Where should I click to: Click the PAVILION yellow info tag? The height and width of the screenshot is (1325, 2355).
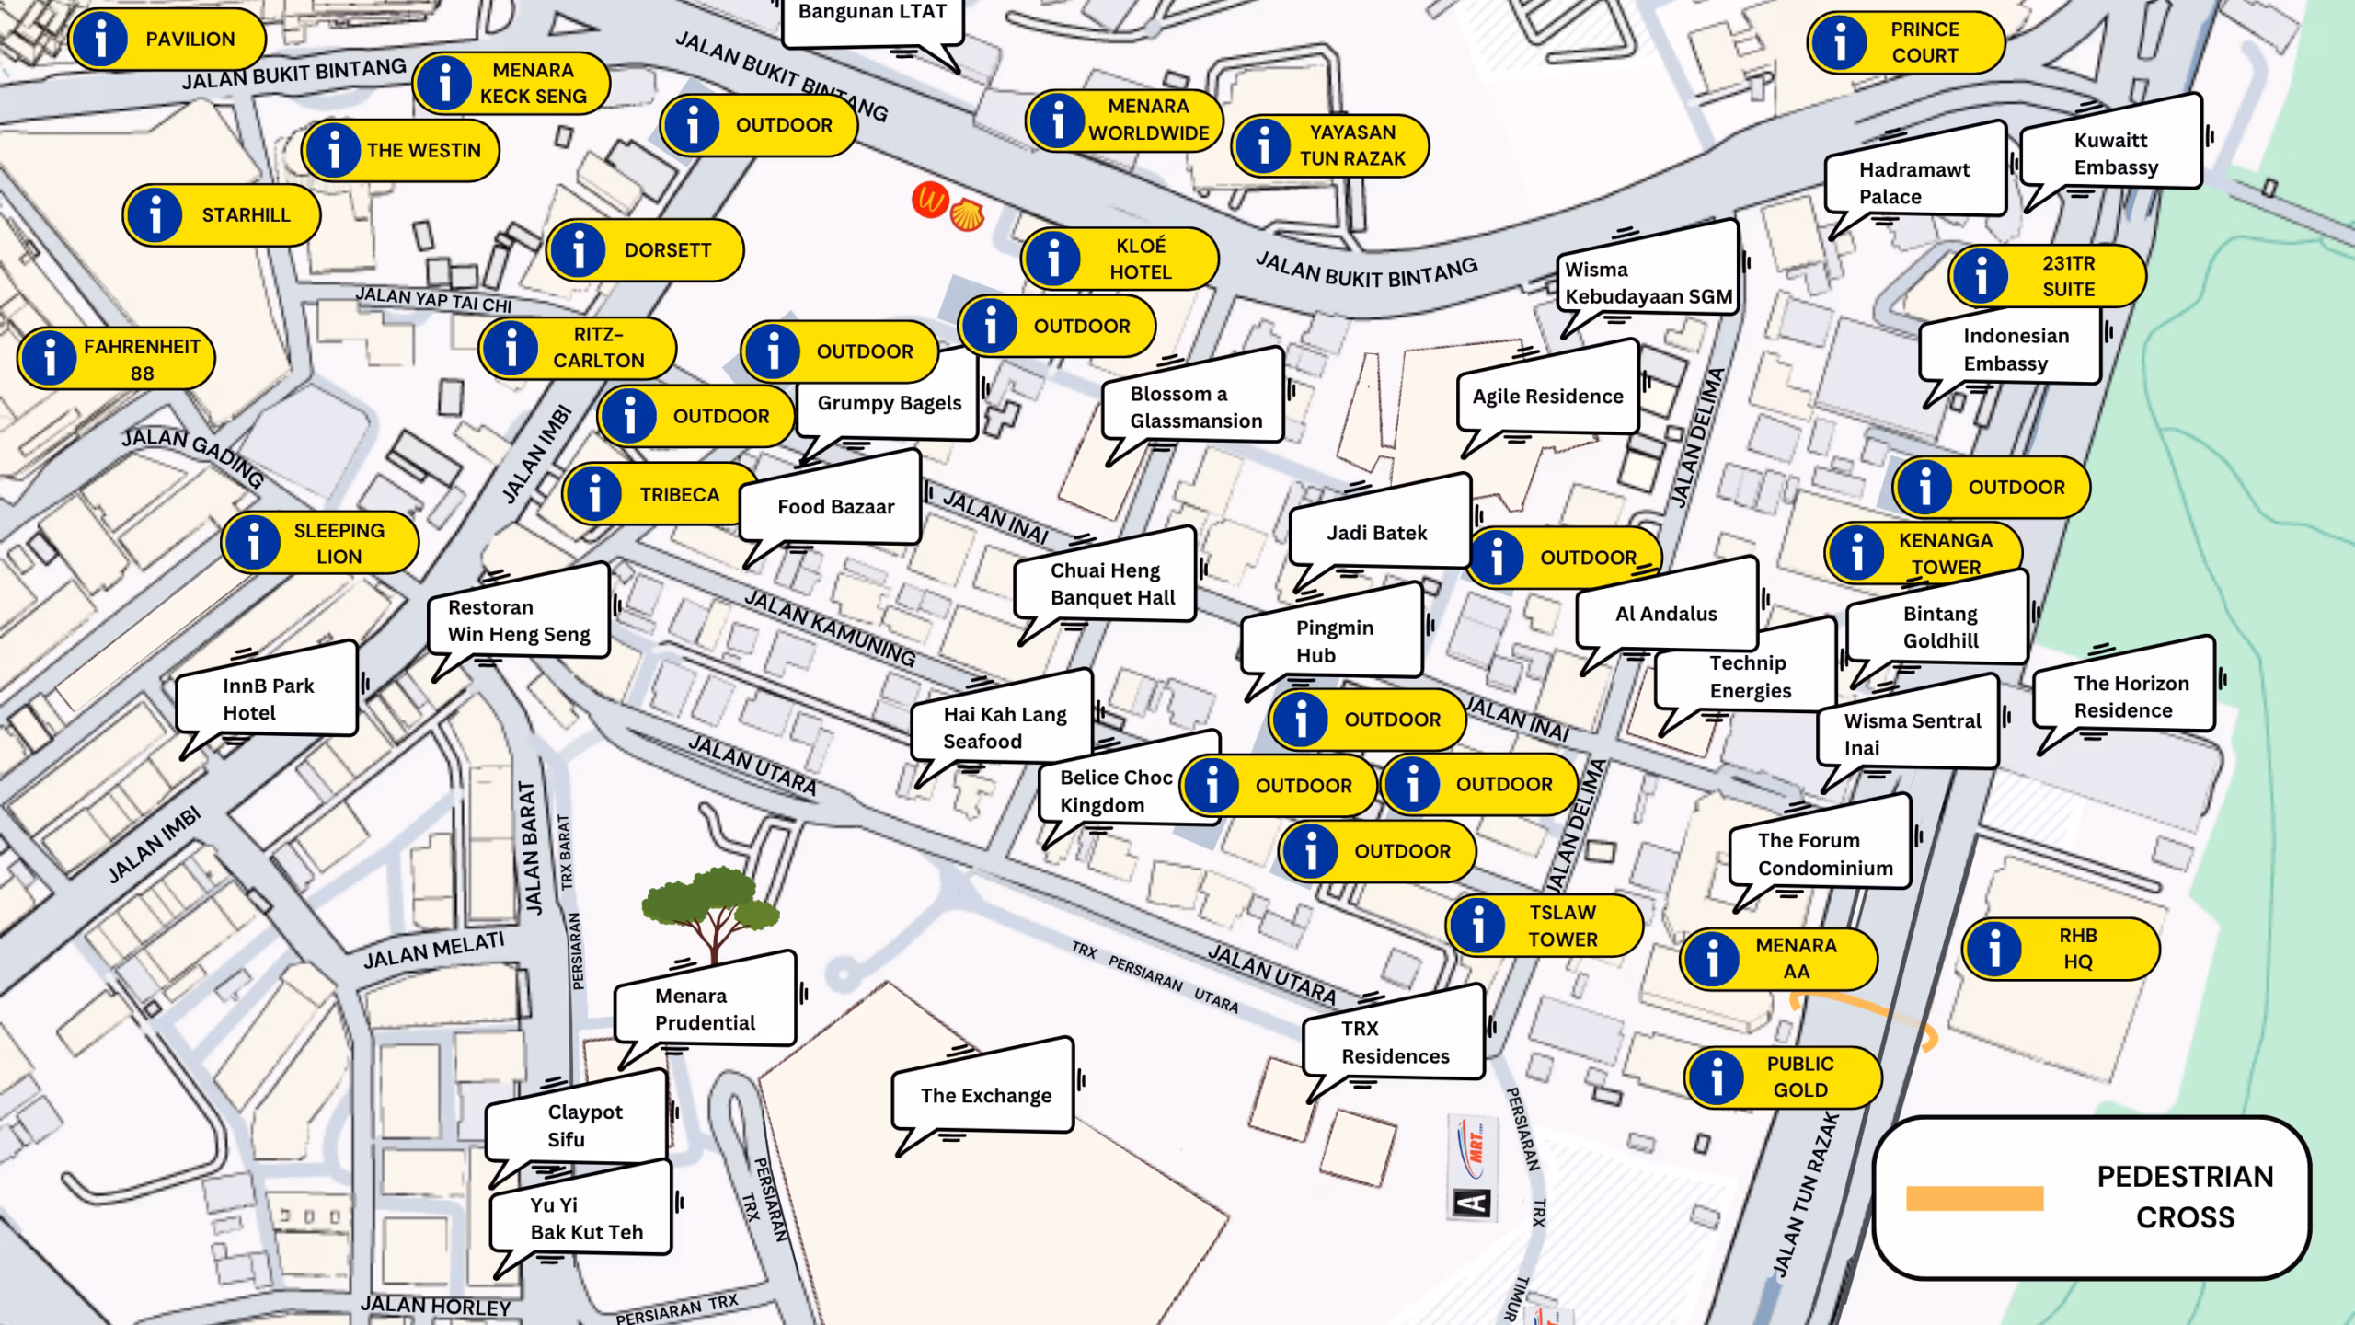167,40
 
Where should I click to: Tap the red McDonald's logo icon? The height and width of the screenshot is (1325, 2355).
930,200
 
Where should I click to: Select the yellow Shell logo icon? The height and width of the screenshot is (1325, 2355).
967,215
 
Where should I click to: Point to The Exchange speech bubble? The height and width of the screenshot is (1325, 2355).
984,1095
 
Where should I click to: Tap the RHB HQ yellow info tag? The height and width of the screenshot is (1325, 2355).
2061,949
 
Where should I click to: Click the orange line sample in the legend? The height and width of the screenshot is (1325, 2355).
1974,1198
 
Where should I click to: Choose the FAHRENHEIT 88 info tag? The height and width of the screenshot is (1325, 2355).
117,359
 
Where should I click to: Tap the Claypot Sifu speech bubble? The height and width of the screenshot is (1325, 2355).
578,1124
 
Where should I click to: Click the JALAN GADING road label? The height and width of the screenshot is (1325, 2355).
193,457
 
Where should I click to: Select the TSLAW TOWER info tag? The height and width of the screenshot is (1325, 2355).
1545,926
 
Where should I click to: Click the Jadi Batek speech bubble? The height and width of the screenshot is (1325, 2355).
1377,533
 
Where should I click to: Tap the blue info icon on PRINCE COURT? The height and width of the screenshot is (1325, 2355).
1840,42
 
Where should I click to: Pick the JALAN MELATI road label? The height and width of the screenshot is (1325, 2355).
433,951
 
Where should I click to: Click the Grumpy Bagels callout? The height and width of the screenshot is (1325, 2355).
888,403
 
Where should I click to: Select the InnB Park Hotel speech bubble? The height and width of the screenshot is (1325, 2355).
267,698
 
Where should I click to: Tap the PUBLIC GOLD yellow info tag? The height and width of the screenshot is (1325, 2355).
1783,1077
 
